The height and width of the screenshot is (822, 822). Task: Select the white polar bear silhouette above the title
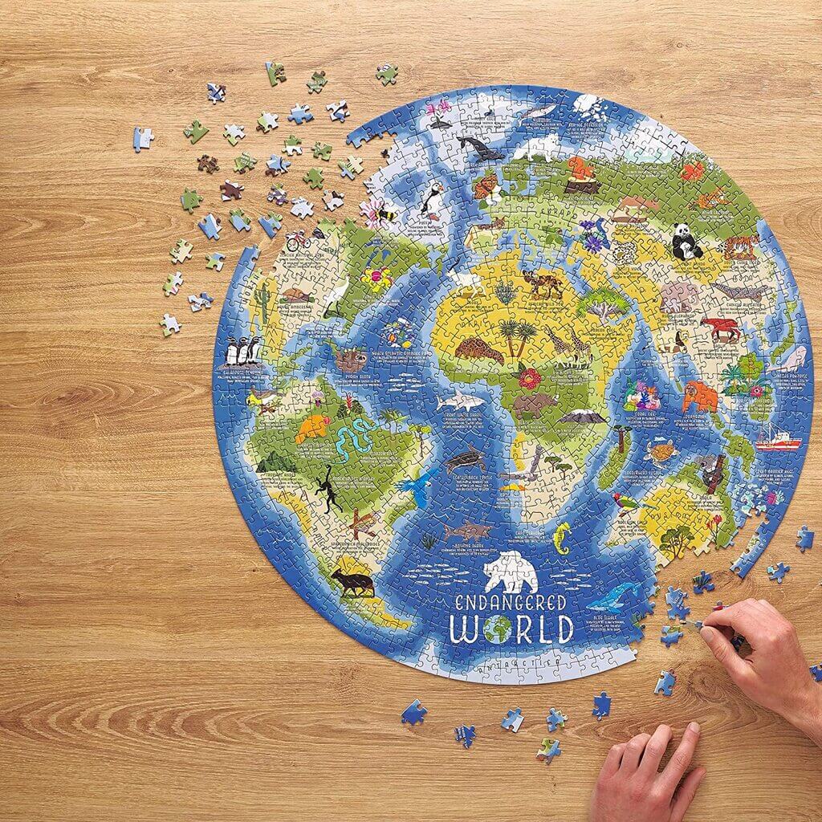(x=511, y=571)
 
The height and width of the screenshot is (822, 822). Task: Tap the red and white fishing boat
(x=777, y=439)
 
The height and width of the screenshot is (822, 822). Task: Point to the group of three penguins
(x=242, y=351)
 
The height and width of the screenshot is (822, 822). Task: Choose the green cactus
(x=262, y=299)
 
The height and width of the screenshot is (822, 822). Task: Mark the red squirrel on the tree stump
(x=581, y=170)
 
